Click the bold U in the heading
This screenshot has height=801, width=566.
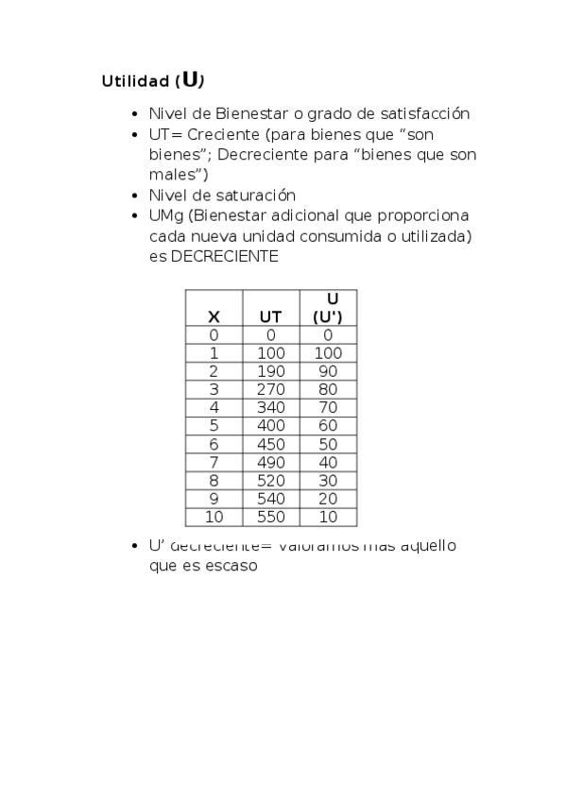(192, 79)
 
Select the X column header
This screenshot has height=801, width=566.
(214, 317)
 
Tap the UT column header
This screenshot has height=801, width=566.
(270, 317)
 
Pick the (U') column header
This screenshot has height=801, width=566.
(328, 317)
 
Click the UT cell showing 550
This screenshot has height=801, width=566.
(270, 518)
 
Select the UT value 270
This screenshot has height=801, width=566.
(270, 389)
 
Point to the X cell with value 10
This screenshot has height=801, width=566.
(214, 518)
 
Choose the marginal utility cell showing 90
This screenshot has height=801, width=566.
(328, 371)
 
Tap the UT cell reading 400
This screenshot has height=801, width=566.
(270, 426)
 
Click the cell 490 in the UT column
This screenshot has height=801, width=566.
(270, 463)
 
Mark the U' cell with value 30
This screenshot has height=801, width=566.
(328, 481)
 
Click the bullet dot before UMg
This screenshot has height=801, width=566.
(138, 216)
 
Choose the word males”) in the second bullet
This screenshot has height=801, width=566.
(179, 175)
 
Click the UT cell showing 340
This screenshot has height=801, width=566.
(270, 408)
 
